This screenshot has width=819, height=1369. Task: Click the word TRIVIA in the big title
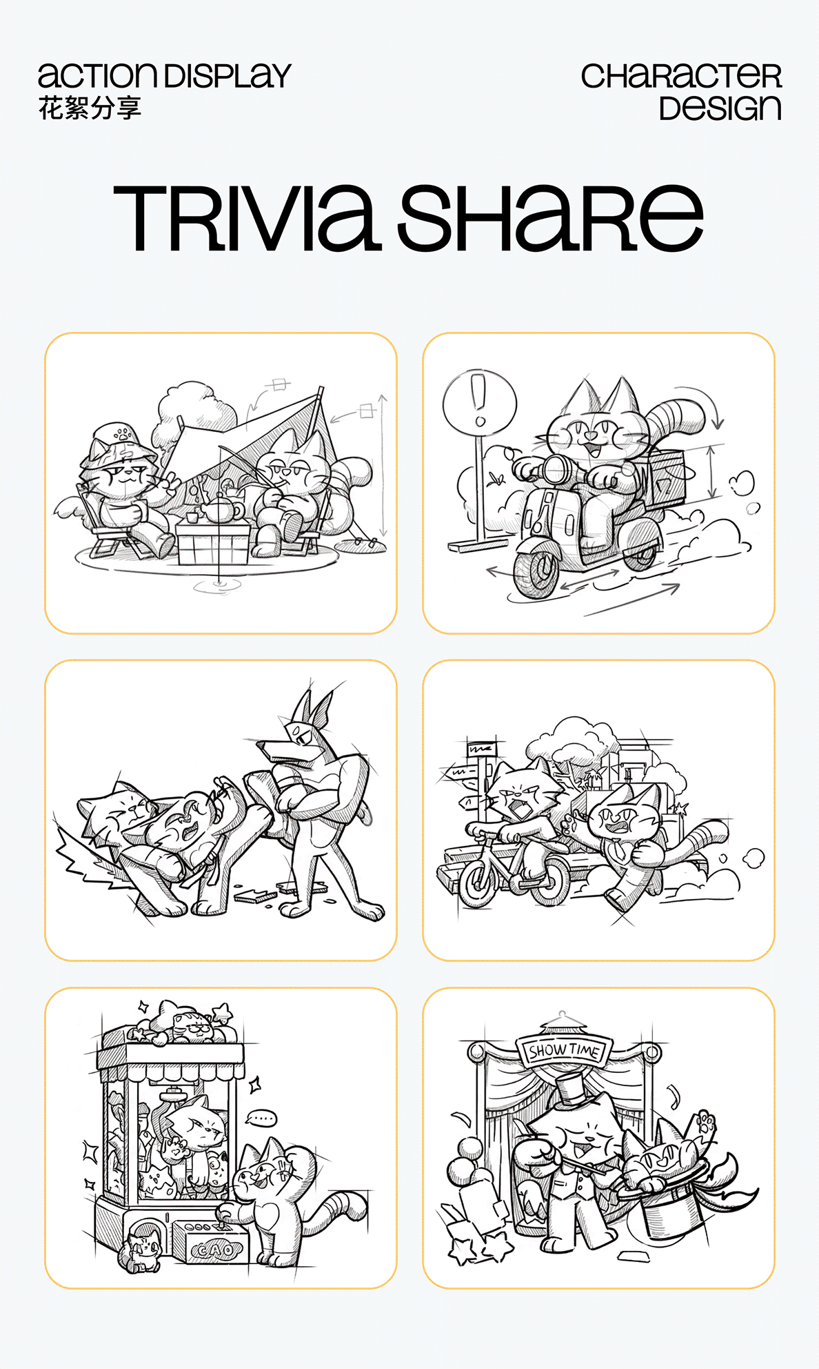247,217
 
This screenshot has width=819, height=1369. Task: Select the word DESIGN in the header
720,108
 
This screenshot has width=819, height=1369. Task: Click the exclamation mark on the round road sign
479,400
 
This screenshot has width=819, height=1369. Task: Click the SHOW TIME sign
565,1050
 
